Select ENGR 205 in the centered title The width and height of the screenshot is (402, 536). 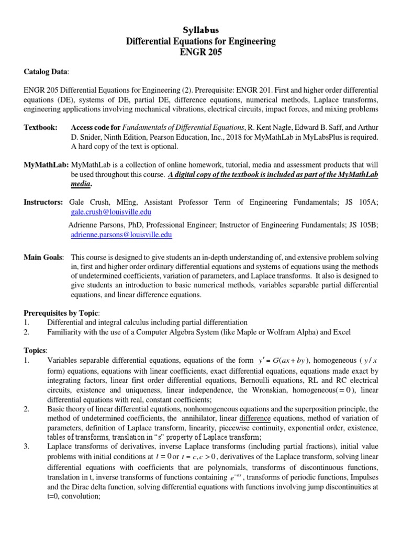[x=201, y=52]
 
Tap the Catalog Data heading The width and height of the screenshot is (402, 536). [x=46, y=71]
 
